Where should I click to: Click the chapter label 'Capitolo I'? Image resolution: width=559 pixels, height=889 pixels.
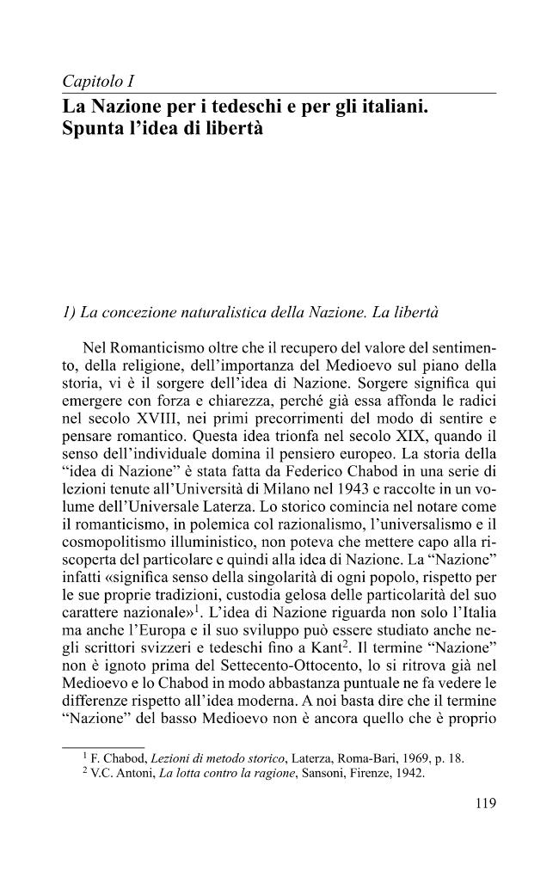pos(101,83)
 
